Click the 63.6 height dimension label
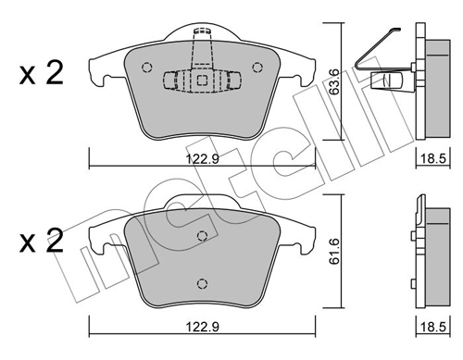click(334, 81)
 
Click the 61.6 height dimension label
click(334, 251)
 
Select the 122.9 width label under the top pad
click(202, 159)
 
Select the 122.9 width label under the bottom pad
click(202, 327)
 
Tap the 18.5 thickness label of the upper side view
click(433, 159)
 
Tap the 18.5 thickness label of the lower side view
click(433, 327)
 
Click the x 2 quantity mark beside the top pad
click(42, 73)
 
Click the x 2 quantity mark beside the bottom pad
click(42, 241)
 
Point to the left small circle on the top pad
click(147, 68)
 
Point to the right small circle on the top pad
click(257, 68)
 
